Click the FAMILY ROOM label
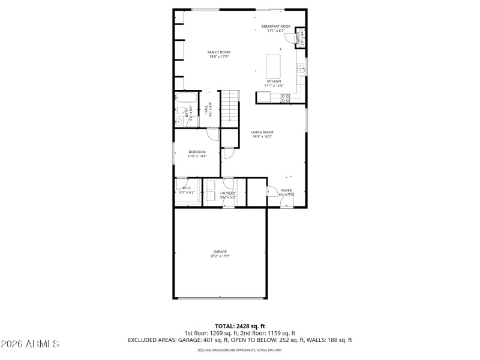point(219,52)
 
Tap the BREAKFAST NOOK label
point(276,26)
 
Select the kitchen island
point(274,63)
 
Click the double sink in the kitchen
point(301,67)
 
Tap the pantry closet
point(299,38)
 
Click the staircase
point(231,109)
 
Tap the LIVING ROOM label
point(262,132)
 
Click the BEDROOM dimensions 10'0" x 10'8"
point(197,156)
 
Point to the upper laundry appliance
point(210,185)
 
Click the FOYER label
point(286,190)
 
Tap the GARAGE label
point(220,251)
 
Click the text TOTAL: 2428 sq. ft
point(239,326)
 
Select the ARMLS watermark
point(30,344)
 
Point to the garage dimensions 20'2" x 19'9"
point(220,256)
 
